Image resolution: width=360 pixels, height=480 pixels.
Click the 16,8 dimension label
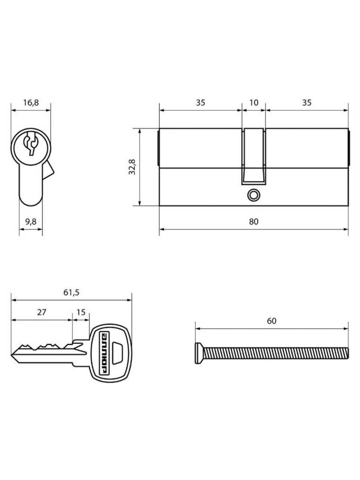pyautogui.click(x=31, y=103)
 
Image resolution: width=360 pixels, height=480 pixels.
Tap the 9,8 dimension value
pyautogui.click(x=31, y=222)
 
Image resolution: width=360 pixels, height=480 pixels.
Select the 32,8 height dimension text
pyautogui.click(x=132, y=167)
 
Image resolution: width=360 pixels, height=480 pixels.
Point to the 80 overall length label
pyautogui.click(x=253, y=222)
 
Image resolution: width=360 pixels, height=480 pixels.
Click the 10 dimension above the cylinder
pyautogui.click(x=254, y=103)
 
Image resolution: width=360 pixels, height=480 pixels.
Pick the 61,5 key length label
pyautogui.click(x=72, y=292)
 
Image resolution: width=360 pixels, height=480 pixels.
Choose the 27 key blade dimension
pyautogui.click(x=42, y=312)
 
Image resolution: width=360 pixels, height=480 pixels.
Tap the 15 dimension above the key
pyautogui.click(x=81, y=312)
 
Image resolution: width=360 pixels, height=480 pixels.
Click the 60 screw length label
pyautogui.click(x=272, y=321)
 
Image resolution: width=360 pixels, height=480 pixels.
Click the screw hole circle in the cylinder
pyautogui.click(x=253, y=195)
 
